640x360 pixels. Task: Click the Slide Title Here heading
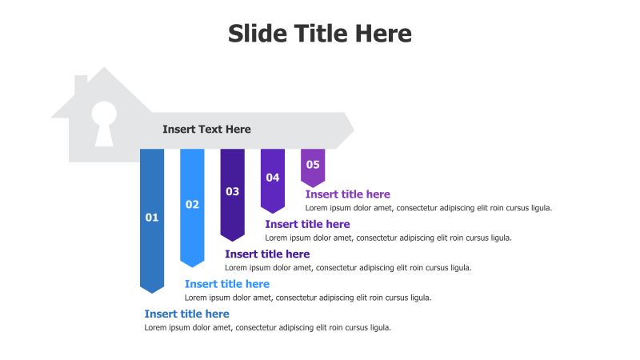[x=319, y=33]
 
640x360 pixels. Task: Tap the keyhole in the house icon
[x=104, y=123]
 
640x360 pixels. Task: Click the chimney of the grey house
[x=81, y=85]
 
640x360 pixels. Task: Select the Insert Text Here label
[x=206, y=130]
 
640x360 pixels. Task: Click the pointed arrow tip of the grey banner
[x=354, y=130]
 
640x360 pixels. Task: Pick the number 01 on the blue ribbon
[x=152, y=218]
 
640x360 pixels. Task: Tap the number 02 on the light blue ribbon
[x=192, y=205]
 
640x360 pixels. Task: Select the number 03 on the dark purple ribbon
[x=232, y=191]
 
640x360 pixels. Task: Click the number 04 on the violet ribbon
[x=273, y=178]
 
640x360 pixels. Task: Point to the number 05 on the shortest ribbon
[x=313, y=165]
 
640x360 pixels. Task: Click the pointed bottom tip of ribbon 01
[x=152, y=293]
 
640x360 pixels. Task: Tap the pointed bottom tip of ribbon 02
[x=192, y=267]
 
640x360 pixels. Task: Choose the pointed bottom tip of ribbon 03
[x=232, y=241]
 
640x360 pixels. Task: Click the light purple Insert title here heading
[x=348, y=194]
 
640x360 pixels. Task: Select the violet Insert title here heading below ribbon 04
[x=307, y=224]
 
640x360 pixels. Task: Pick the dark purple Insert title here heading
[x=267, y=254]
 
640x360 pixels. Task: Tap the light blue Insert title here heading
[x=227, y=284]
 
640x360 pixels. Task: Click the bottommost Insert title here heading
[x=187, y=314]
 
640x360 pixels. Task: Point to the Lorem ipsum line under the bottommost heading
[x=268, y=327]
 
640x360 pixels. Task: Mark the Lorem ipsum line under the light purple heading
[x=429, y=208]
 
